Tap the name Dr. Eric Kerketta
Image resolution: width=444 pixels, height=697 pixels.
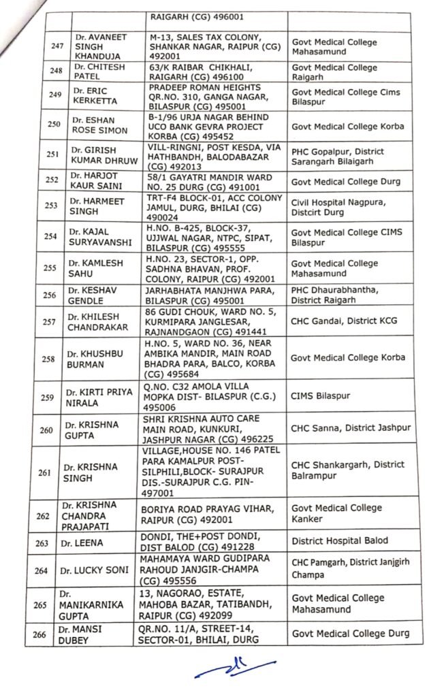coord(95,96)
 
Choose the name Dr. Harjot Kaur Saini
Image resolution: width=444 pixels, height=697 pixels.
coord(96,182)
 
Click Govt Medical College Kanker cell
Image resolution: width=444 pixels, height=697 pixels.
coord(336,513)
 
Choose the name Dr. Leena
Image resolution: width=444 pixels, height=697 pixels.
coord(90,542)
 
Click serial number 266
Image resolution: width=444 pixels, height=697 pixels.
coord(39,635)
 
